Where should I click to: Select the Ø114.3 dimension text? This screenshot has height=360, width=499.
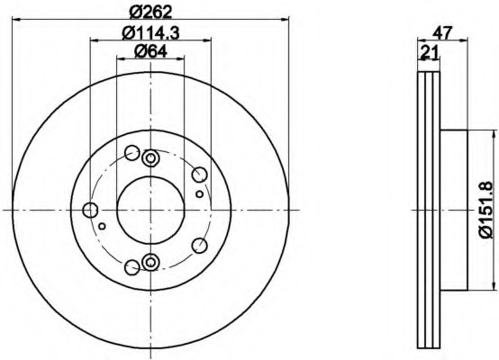click(150, 34)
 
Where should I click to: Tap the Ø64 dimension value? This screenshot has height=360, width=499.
click(150, 52)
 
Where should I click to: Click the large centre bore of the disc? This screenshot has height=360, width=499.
click(150, 210)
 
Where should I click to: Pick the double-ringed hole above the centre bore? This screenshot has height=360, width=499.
click(150, 159)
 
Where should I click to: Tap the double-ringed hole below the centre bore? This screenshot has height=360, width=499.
click(150, 262)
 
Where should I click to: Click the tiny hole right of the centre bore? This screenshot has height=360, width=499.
click(199, 193)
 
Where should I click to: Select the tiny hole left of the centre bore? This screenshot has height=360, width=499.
click(102, 226)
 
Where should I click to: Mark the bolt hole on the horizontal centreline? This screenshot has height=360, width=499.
click(90, 211)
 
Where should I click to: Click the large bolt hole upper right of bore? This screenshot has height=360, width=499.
click(200, 175)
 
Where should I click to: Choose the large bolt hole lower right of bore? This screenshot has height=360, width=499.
click(200, 245)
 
